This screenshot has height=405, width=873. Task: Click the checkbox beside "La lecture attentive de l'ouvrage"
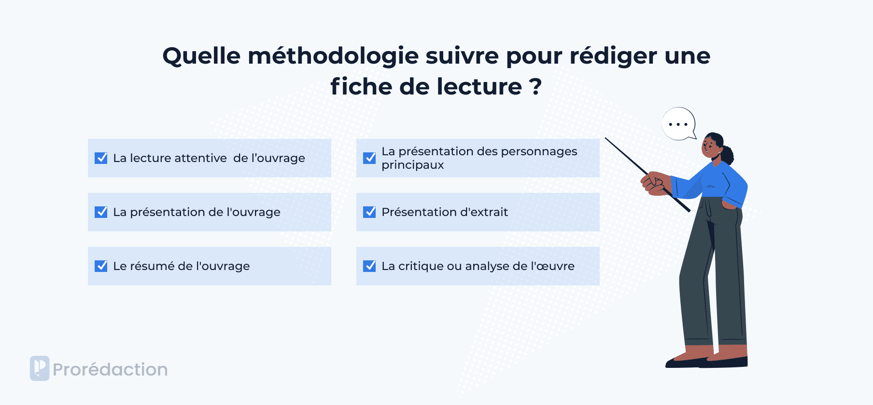pyautogui.click(x=101, y=158)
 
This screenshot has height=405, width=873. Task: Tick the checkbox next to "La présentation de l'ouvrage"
pyautogui.click(x=101, y=212)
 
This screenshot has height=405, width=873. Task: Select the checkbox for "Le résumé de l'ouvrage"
pyautogui.click(x=101, y=266)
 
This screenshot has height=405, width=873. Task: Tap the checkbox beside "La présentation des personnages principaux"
pyautogui.click(x=369, y=158)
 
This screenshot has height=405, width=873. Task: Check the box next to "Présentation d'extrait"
pyautogui.click(x=369, y=212)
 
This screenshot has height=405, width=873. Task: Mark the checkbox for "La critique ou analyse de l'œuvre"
pyautogui.click(x=369, y=266)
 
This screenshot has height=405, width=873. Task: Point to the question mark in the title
pyautogui.click(x=535, y=86)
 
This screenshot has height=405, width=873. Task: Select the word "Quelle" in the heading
pyautogui.click(x=201, y=56)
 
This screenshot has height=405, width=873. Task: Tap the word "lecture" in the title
pyautogui.click(x=479, y=86)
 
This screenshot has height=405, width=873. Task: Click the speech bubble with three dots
pyautogui.click(x=679, y=124)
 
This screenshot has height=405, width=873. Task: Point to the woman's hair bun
pyautogui.click(x=727, y=155)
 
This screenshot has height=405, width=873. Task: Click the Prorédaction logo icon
pyautogui.click(x=40, y=368)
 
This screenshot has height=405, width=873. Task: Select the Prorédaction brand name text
pyautogui.click(x=110, y=369)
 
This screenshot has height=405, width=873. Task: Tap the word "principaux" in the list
pyautogui.click(x=412, y=165)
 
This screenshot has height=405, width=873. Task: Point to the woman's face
pyautogui.click(x=710, y=146)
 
